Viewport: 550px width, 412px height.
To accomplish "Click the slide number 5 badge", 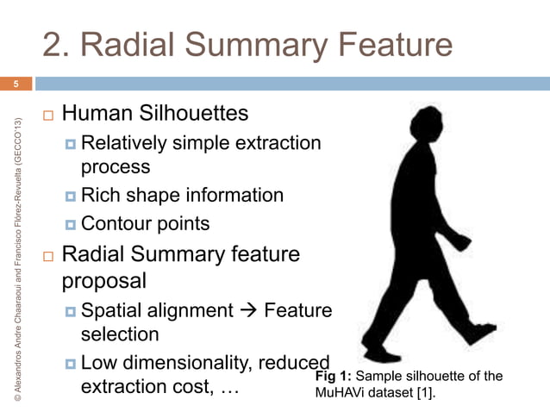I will click(x=15, y=84).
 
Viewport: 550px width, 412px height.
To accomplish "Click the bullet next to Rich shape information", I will click(x=72, y=196).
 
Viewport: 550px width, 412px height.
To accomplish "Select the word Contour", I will click(x=115, y=224).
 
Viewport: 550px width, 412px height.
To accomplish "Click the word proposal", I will click(x=103, y=280).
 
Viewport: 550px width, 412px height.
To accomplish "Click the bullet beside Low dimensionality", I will click(x=72, y=363).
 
